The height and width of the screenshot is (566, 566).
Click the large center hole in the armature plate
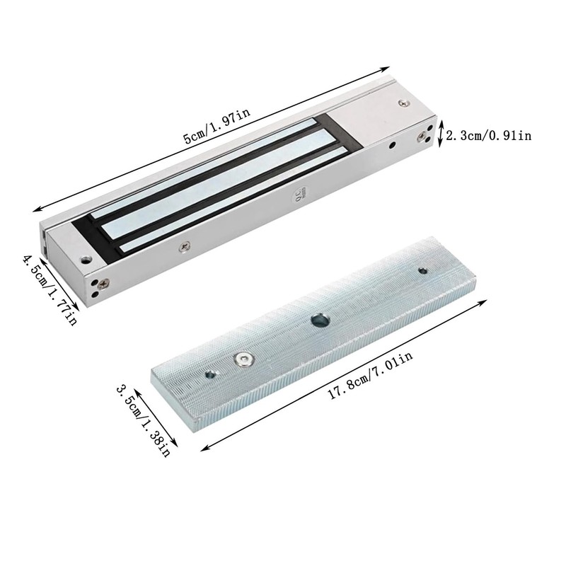(x=320, y=320)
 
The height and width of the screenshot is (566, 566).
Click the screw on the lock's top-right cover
(x=405, y=104)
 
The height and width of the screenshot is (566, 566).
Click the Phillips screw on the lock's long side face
(x=185, y=246)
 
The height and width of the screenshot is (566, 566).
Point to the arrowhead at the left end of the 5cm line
(x=35, y=209)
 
